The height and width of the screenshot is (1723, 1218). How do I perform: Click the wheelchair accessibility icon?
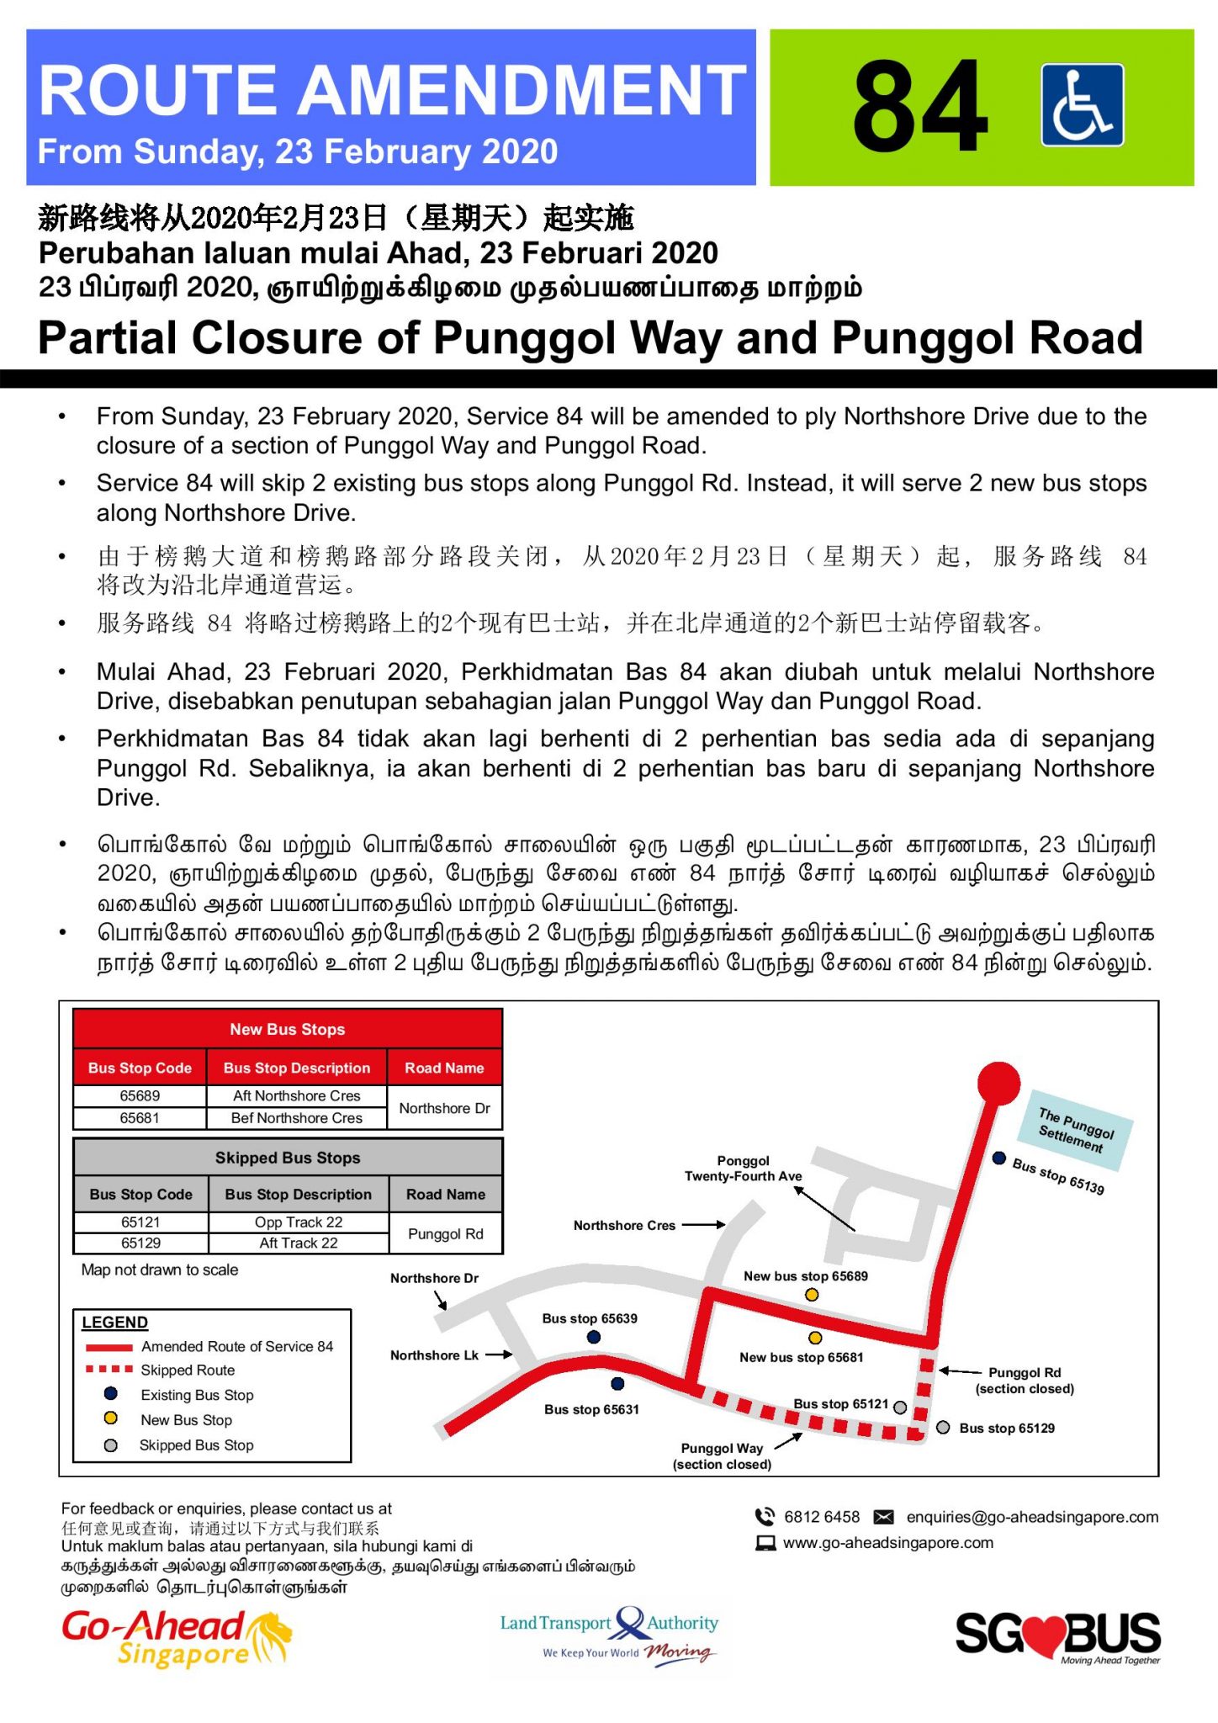pos(1082,105)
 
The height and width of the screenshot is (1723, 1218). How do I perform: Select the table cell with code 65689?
pos(140,1095)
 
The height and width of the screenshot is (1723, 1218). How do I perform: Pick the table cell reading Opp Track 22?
pos(299,1222)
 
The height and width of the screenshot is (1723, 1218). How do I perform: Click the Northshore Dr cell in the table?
pos(444,1108)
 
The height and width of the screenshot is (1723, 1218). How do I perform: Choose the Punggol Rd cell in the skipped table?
pos(445,1233)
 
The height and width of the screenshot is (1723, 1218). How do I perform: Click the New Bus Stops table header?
pos(288,1029)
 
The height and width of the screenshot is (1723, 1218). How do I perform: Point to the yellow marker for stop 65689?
pos(812,1295)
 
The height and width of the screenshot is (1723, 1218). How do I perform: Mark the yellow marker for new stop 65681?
pos(815,1338)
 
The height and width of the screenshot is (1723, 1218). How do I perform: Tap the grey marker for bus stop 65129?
pos(943,1428)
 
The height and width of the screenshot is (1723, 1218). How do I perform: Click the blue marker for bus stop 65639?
pos(594,1337)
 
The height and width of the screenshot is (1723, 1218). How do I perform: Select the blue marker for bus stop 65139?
pos(999,1158)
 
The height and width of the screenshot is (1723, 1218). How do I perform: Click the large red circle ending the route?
pos(998,1083)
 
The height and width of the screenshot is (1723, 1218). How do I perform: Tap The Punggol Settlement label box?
pos(1076,1129)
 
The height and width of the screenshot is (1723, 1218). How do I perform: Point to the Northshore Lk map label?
pos(434,1355)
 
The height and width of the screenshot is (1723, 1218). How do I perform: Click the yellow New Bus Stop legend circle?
pos(110,1418)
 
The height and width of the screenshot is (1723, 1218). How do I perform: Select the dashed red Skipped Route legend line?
pos(109,1369)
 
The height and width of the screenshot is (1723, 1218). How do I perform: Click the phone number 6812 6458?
pos(821,1517)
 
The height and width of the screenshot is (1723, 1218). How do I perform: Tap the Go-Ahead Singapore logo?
pos(176,1638)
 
